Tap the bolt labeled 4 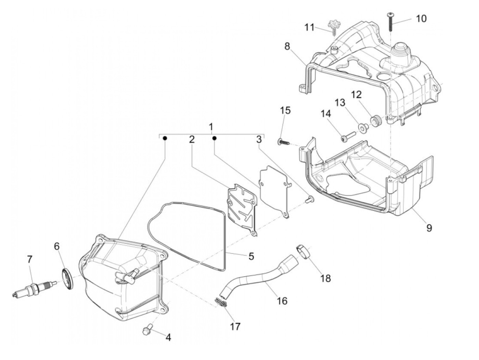tap(147, 331)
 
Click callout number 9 tap(429, 228)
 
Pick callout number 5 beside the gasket tap(251, 256)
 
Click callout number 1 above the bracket tap(211, 127)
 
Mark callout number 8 tap(286, 46)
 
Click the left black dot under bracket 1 tap(165, 138)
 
